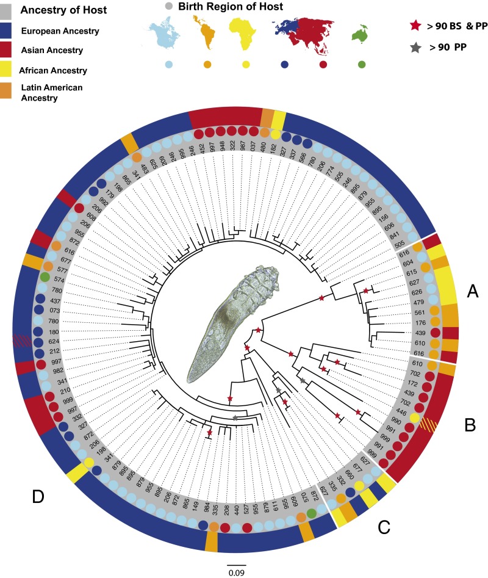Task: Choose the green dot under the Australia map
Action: pyautogui.click(x=362, y=64)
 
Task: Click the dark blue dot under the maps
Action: pyautogui.click(x=285, y=64)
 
